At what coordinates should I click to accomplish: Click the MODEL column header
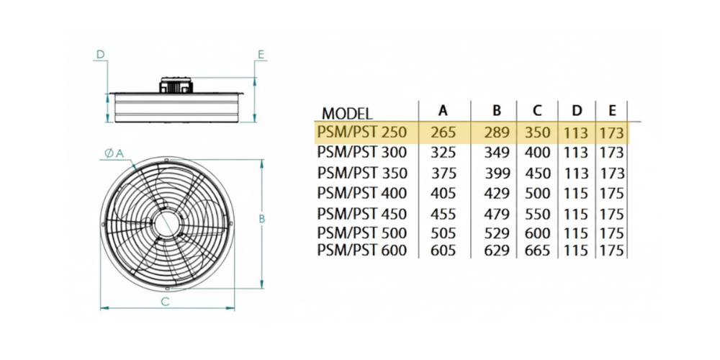pos(347,113)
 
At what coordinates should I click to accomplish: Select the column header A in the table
pos(444,110)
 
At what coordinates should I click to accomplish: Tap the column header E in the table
pos(612,110)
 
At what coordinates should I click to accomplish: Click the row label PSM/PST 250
pos(362,132)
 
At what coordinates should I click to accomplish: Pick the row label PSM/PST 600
pos(362,250)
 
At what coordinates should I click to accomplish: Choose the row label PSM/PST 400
pos(362,193)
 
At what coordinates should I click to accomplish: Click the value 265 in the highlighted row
pos(444,132)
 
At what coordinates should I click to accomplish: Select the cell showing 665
pos(536,250)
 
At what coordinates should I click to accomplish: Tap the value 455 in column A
pos(444,214)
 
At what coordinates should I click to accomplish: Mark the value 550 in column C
pos(536,214)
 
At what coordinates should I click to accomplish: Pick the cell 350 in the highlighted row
pos(536,132)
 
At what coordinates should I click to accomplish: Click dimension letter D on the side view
pos(101,54)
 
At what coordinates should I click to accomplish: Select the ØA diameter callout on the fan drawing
pos(114,153)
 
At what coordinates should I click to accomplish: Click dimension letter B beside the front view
pos(264,218)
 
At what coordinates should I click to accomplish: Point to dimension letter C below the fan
pos(165,302)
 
